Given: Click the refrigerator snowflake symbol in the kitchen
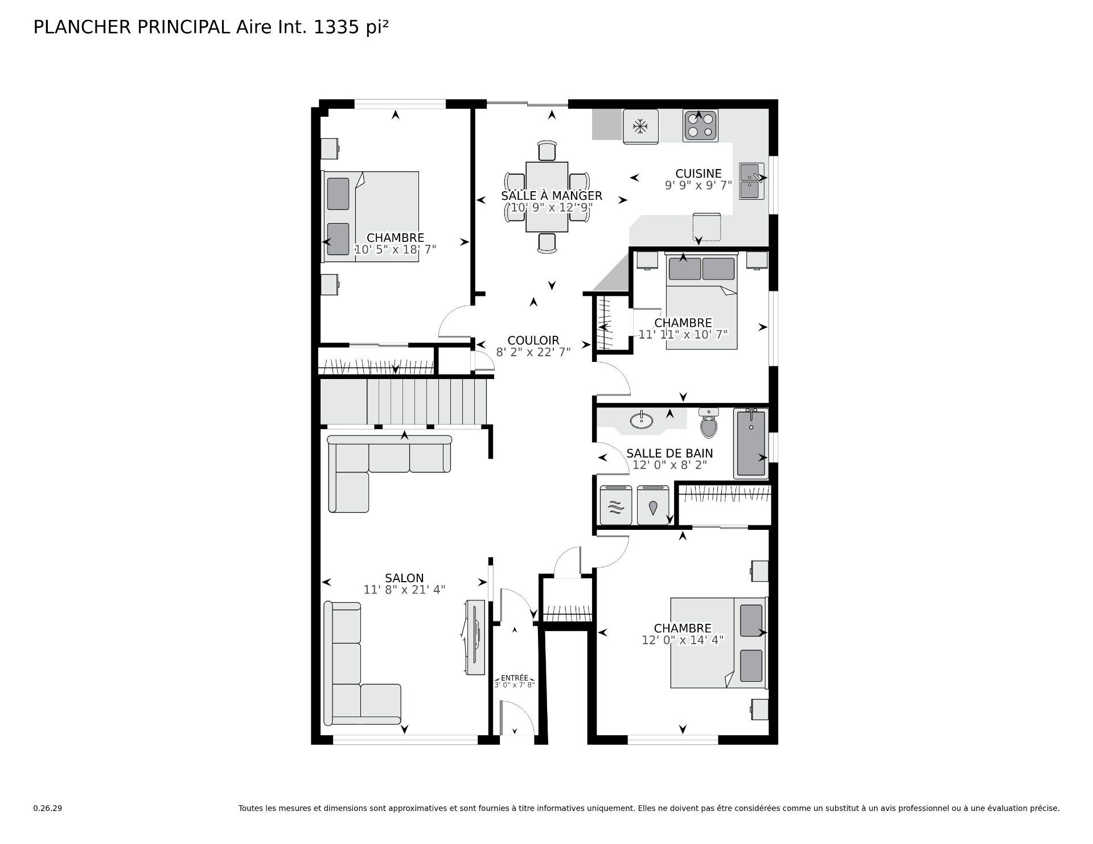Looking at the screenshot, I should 640,126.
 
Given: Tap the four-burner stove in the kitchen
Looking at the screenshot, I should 700,126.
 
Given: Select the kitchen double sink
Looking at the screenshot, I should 752,181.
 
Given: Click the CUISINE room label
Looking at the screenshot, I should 698,174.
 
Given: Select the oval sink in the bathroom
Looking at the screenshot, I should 642,421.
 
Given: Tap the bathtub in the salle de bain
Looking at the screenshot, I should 751,443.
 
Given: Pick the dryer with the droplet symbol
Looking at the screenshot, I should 653,505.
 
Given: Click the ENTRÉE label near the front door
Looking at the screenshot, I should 514,678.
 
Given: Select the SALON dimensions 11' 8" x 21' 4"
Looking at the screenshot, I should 404,590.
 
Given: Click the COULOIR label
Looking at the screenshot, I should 533,341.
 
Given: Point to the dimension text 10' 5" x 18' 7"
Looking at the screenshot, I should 395,249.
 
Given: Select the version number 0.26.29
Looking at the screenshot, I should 47,808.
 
